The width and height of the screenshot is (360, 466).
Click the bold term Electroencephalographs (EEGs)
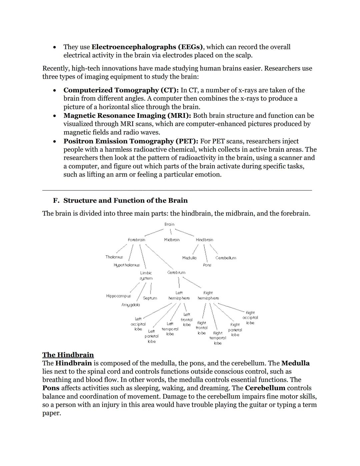click(147, 47)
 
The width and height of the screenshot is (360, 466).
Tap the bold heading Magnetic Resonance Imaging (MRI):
click(127, 116)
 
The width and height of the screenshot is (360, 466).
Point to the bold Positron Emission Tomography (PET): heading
click(131, 141)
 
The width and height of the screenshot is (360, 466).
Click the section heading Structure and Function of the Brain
click(125, 200)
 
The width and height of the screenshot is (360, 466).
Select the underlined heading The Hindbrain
click(68, 355)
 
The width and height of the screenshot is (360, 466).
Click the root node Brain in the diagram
click(169, 224)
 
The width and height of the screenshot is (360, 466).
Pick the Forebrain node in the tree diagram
click(136, 240)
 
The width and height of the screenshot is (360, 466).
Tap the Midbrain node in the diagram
click(172, 240)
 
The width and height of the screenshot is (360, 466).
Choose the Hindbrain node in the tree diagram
click(204, 240)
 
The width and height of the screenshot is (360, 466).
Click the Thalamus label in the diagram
click(114, 257)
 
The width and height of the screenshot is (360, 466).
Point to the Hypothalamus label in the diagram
click(127, 265)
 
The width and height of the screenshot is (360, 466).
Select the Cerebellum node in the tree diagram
click(226, 258)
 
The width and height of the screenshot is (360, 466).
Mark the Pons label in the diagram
click(207, 265)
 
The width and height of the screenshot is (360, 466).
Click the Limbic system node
click(146, 276)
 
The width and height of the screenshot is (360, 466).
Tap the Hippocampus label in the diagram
click(118, 296)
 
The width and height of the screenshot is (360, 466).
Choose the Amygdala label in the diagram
click(130, 305)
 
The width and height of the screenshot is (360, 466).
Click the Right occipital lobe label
click(250, 318)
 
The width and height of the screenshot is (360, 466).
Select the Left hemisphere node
click(179, 296)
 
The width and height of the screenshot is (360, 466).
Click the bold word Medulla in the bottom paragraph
click(295, 363)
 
